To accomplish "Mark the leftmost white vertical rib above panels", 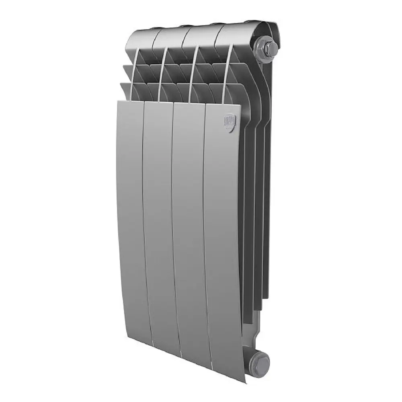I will click(x=133, y=72).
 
